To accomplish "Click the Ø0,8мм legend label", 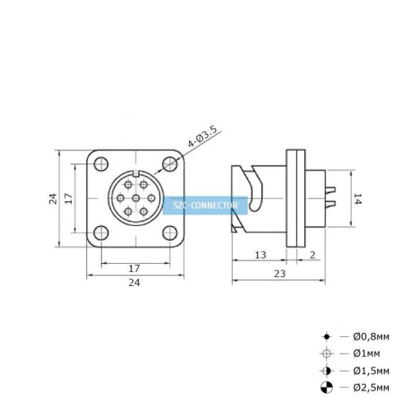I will (372, 337).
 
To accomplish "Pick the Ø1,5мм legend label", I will (372, 370).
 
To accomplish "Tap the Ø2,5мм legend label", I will (372, 386).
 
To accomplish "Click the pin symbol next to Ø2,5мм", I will (326, 386).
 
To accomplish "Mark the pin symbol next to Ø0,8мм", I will (326, 337).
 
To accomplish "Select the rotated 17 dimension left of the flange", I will (71, 198).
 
